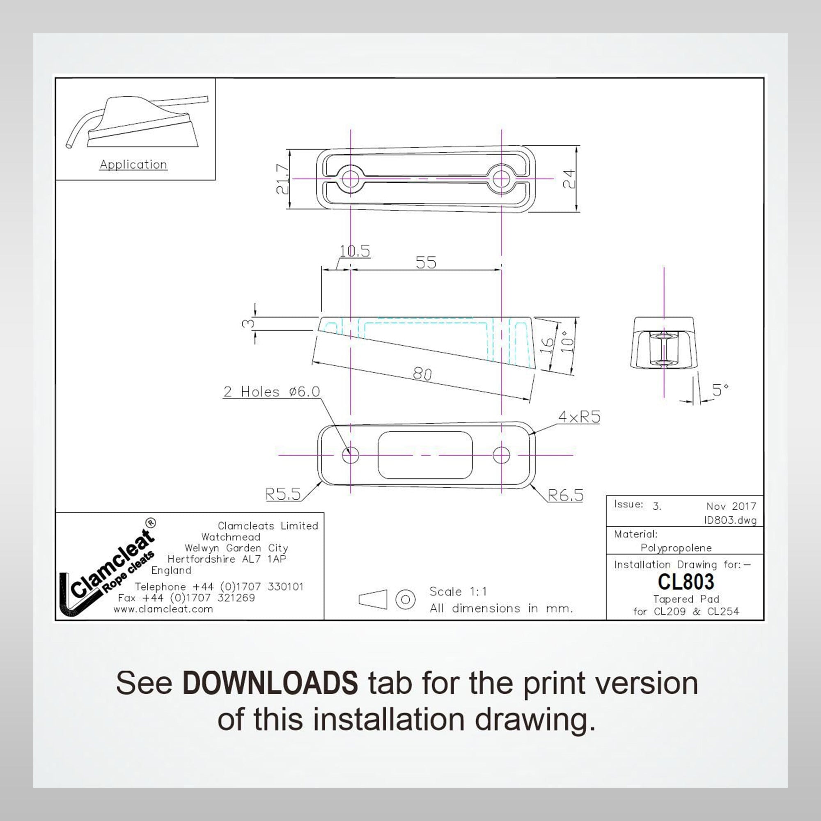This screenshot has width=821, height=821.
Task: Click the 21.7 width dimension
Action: [x=282, y=179]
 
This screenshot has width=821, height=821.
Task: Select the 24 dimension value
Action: [x=569, y=178]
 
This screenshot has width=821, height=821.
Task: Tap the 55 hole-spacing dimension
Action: [x=426, y=262]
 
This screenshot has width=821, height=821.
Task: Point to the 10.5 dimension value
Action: [x=355, y=251]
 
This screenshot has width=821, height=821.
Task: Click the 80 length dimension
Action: [x=422, y=374]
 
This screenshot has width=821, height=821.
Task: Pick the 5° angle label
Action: [x=721, y=390]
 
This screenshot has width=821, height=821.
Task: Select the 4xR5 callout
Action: [x=579, y=417]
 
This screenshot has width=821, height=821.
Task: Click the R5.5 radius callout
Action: [x=282, y=494]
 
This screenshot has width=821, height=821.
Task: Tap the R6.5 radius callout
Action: [x=566, y=495]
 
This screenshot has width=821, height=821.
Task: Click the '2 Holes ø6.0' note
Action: [x=271, y=391]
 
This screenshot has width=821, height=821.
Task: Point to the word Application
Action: [x=133, y=165]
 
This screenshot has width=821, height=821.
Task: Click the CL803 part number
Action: [x=686, y=582]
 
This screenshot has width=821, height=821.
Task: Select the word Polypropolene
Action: [x=676, y=548]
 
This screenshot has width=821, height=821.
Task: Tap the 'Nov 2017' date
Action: [x=732, y=506]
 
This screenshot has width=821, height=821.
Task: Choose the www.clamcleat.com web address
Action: [x=163, y=609]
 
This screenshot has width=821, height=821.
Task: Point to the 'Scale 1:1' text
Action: [x=458, y=592]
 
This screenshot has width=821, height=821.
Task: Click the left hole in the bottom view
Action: [x=351, y=455]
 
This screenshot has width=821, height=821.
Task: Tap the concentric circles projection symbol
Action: [x=406, y=600]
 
